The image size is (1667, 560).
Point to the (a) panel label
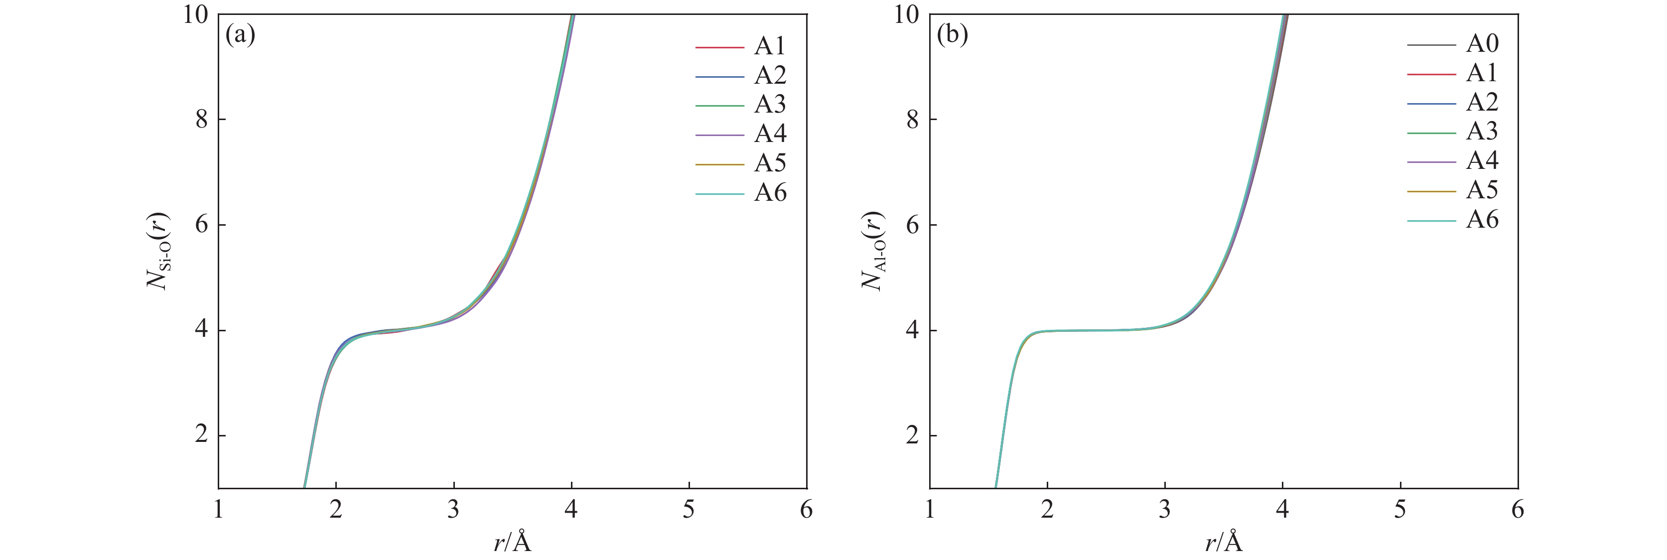point(240,34)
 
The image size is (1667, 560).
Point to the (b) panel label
point(952,34)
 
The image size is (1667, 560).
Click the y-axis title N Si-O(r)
point(157,251)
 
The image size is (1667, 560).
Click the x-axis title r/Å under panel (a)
point(513,542)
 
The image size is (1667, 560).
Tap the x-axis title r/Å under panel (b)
point(1224,542)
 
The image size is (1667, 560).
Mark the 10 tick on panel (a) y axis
point(195,14)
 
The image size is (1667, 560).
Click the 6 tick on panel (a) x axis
point(806,510)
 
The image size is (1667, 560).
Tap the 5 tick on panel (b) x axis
point(1400,510)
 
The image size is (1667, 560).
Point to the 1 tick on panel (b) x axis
point(930,510)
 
